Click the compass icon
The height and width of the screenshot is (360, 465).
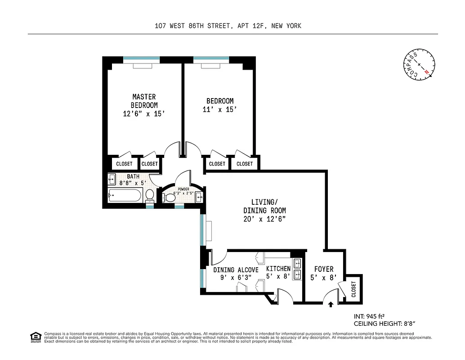point(419,65)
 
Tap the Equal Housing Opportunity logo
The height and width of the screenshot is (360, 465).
point(34,337)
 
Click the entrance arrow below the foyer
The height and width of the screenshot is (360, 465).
point(331,305)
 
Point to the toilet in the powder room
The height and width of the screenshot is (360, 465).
point(170,197)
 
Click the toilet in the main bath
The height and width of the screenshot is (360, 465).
point(150,195)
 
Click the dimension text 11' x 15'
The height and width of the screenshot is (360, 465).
point(220,109)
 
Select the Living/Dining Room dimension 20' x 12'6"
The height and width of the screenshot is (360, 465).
point(264,219)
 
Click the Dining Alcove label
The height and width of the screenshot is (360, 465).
point(236,270)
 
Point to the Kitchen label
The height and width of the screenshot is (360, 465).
point(278,269)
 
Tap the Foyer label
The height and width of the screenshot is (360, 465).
point(323,269)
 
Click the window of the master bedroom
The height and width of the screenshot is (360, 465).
point(141,58)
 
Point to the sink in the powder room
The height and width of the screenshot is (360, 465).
point(200,197)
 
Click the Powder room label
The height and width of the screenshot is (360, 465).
point(183,189)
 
